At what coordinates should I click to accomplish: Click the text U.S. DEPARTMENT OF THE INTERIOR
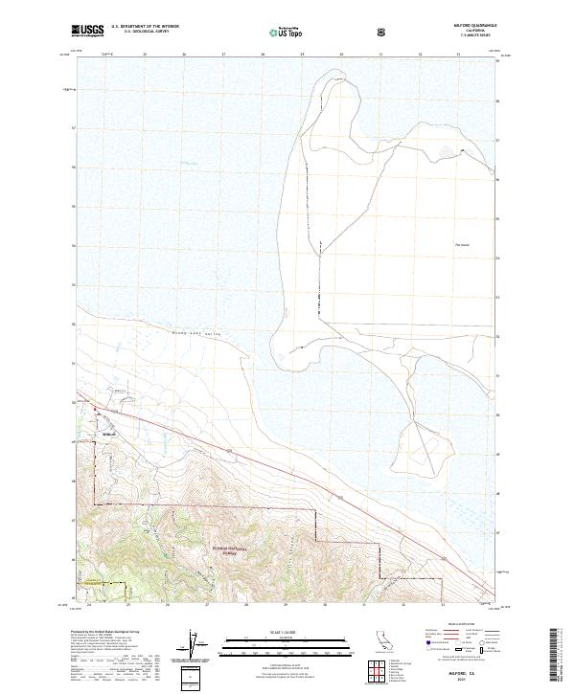pos(146,28)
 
